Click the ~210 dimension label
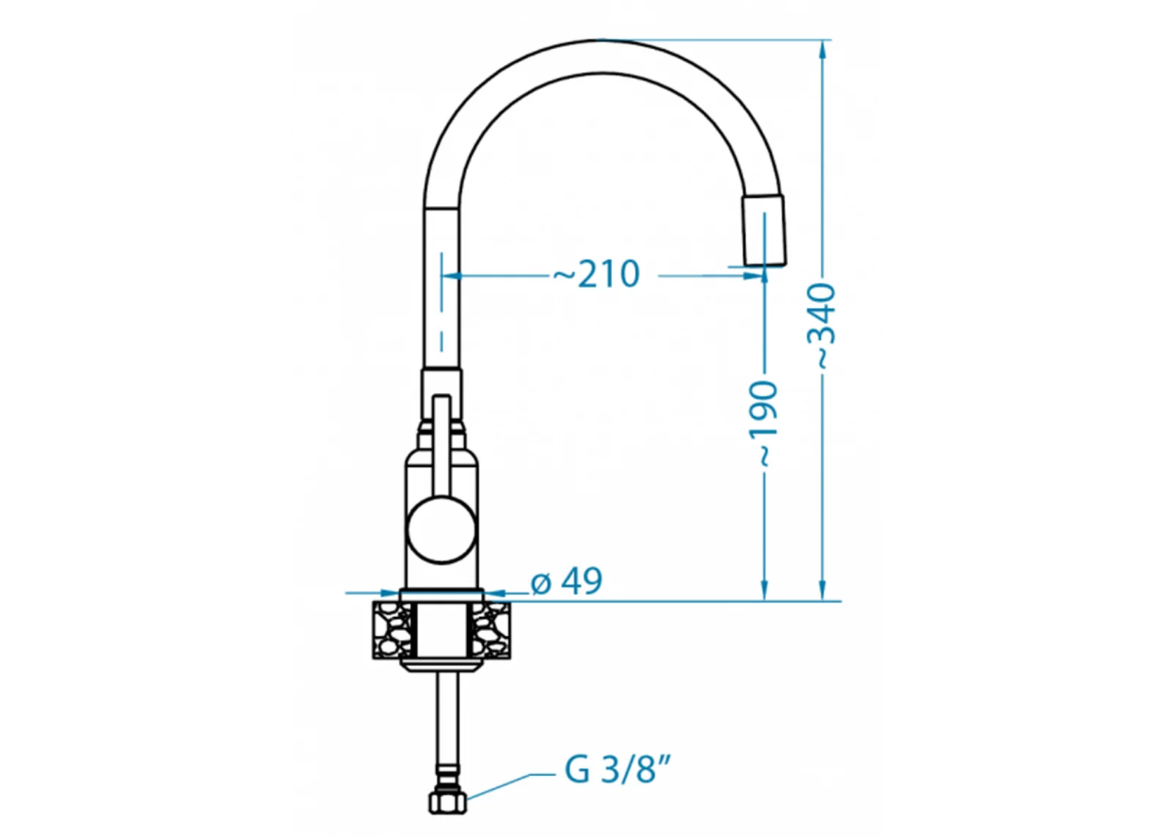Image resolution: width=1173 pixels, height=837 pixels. point(597,274)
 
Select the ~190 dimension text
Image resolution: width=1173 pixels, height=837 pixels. point(763,423)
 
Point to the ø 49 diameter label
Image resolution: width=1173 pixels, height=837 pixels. point(567,581)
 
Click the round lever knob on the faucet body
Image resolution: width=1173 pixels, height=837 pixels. point(441,530)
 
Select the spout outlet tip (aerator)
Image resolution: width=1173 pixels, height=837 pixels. point(764,230)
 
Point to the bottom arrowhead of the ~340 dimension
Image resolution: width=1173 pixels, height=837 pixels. point(822,591)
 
